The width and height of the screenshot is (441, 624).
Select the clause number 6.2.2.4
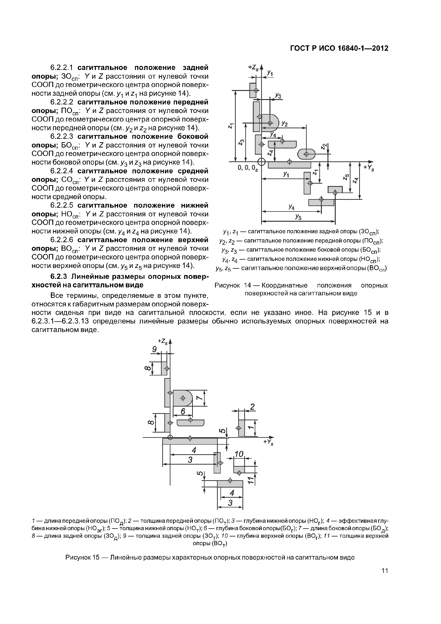click(x=62, y=171)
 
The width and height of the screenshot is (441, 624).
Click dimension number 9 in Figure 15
click(x=154, y=349)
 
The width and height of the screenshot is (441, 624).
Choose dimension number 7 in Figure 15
click(x=199, y=398)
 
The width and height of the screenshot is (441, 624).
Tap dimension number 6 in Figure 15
click(x=183, y=412)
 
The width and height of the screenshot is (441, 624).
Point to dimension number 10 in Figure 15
click(x=239, y=454)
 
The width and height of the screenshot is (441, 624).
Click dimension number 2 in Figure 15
click(x=252, y=407)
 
